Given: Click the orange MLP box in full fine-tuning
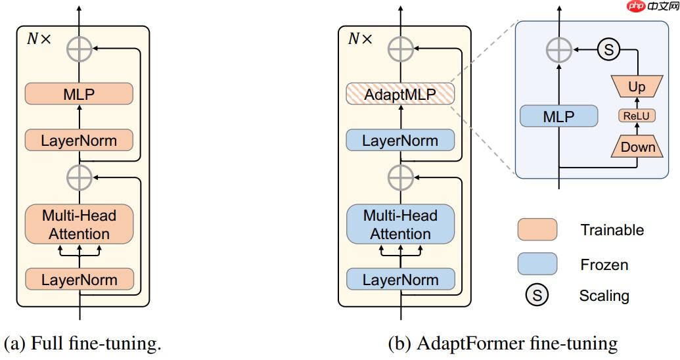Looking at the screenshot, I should (79, 94).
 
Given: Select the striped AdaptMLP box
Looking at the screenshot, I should (400, 94).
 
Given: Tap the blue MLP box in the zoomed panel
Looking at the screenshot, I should (558, 118).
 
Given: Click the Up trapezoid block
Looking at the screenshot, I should (637, 86).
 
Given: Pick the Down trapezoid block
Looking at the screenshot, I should (638, 146).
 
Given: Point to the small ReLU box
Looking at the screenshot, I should (637, 116).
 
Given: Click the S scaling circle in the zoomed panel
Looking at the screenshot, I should (608, 49).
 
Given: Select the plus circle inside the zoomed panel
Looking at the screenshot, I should (559, 49).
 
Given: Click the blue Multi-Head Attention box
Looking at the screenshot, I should (400, 225).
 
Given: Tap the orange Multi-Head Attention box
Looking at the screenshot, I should (79, 225).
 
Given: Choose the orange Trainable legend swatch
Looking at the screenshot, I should (537, 230).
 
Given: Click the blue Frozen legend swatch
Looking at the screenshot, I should (537, 264).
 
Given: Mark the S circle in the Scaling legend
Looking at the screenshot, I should (537, 296).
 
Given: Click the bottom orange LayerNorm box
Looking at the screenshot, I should (79, 279).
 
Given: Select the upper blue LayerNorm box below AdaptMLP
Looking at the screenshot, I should (400, 141).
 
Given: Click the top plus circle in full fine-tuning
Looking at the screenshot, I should (79, 49).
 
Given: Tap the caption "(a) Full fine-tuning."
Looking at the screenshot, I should (82, 344).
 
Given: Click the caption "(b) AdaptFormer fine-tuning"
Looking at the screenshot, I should (503, 344).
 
